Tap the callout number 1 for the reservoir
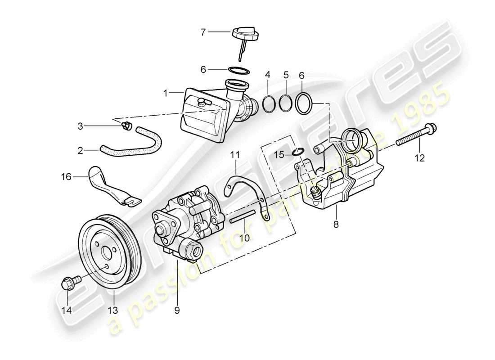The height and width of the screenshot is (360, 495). (165, 93)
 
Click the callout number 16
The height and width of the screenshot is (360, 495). (66, 177)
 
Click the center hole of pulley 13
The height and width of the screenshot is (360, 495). (105, 253)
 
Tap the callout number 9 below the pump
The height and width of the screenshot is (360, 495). (177, 310)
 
